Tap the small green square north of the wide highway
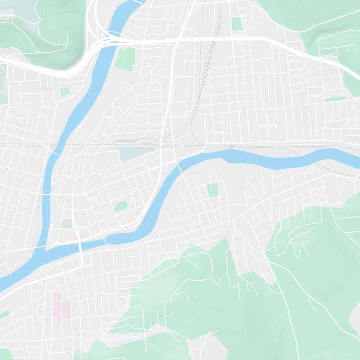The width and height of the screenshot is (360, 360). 237,23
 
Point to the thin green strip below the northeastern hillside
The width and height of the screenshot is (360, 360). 335,99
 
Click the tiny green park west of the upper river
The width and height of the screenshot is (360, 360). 64,91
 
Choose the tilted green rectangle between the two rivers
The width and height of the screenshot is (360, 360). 121,206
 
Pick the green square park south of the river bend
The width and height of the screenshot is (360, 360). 212,190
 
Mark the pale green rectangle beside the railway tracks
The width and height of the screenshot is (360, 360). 137,155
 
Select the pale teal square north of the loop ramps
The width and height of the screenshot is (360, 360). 67,223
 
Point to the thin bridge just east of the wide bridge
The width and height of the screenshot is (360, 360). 106,241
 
